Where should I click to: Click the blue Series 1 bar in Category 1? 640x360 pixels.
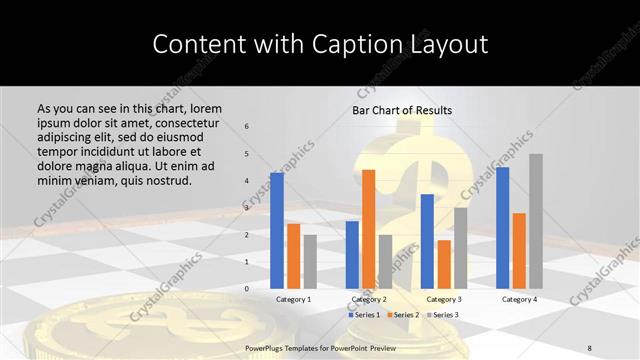(x=277, y=231)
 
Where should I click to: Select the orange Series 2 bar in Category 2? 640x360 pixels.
(x=368, y=229)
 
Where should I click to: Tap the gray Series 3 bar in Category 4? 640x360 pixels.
(x=536, y=221)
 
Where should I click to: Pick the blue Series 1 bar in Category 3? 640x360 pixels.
(x=427, y=241)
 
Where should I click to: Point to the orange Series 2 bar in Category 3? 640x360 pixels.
(x=443, y=264)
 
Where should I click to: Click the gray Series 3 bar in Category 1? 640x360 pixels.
(x=310, y=261)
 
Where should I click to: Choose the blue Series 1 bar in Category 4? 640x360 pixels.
(x=502, y=228)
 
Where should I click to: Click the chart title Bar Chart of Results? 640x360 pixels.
(x=402, y=110)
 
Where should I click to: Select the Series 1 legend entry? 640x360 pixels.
(x=362, y=315)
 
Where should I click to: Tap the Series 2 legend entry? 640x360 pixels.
(x=402, y=315)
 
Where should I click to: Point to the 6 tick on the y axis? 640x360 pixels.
(x=247, y=126)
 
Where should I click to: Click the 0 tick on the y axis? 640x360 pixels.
(x=247, y=288)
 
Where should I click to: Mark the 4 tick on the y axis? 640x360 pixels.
(x=247, y=180)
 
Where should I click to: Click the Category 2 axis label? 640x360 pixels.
(x=368, y=299)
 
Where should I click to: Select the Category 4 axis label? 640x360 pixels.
(x=519, y=299)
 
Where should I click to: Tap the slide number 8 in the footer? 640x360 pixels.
(x=590, y=345)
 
